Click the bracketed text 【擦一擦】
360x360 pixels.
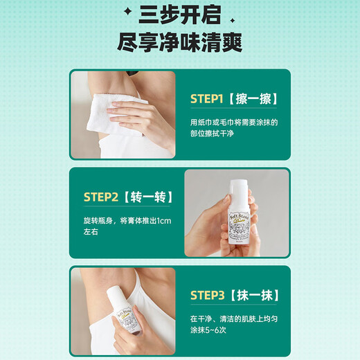pyautogui.click(x=253, y=98)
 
